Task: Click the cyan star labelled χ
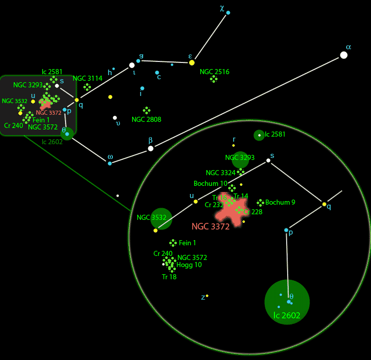pyautogui.click(x=228, y=12)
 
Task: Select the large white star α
pyautogui.click(x=344, y=55)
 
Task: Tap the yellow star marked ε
pyautogui.click(x=192, y=62)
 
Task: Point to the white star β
pyautogui.click(x=150, y=148)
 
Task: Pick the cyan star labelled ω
pyautogui.click(x=110, y=163)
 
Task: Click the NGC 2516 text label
pyautogui.click(x=214, y=72)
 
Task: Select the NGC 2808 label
pyautogui.click(x=146, y=119)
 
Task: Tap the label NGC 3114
pyautogui.click(x=87, y=78)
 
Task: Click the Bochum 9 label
pyautogui.click(x=280, y=202)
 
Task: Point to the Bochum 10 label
pyautogui.click(x=210, y=183)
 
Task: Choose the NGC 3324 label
pyautogui.click(x=221, y=173)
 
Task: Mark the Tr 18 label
pyautogui.click(x=169, y=277)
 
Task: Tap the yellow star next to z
pyautogui.click(x=207, y=296)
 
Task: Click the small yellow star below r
pyautogui.click(x=234, y=146)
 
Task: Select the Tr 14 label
pyautogui.click(x=241, y=196)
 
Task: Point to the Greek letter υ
pyautogui.click(x=118, y=123)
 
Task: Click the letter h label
pyautogui.click(x=109, y=73)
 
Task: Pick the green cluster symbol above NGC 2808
pyautogui.click(x=146, y=110)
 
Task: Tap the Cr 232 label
pyautogui.click(x=214, y=205)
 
